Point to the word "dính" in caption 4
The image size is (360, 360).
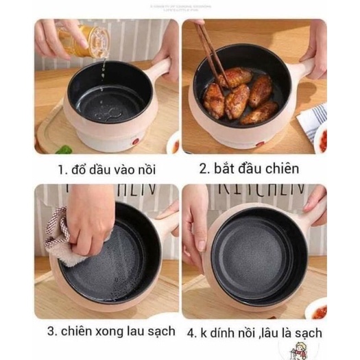[x=228, y=333]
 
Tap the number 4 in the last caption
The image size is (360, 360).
[x=191, y=333]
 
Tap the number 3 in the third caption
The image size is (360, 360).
[x=50, y=333]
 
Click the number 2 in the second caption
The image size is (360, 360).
[x=204, y=169]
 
